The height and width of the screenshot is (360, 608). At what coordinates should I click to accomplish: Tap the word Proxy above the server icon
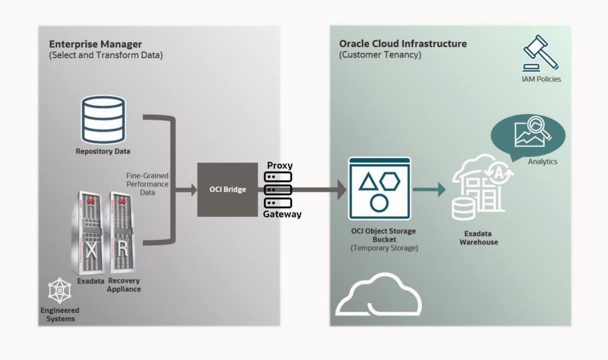[x=280, y=166]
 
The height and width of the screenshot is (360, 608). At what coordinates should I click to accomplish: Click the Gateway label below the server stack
[x=282, y=214]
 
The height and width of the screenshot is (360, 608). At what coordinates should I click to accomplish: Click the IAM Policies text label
[x=541, y=79]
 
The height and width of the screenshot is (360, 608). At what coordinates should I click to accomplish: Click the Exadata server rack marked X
[x=90, y=233]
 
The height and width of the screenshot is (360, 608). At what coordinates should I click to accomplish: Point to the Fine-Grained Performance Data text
[x=147, y=185]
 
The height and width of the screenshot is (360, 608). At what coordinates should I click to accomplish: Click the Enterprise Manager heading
[x=96, y=44]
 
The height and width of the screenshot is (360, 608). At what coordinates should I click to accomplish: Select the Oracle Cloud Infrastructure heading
[x=403, y=44]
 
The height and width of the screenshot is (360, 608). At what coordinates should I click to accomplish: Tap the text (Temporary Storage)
[x=384, y=248]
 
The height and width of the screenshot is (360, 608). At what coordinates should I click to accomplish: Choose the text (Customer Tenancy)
[x=380, y=55]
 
